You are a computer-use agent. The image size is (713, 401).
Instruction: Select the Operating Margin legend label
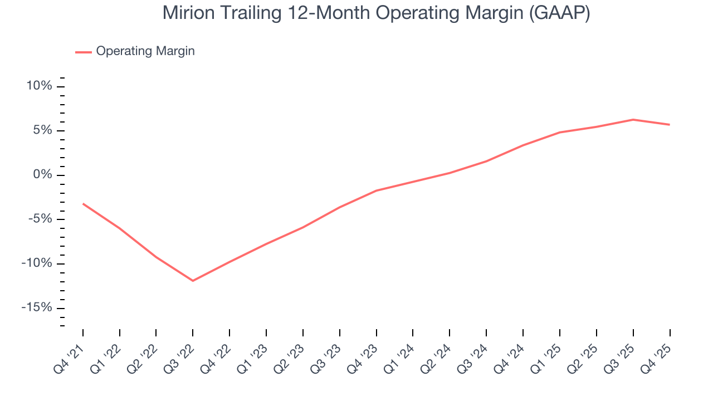(x=145, y=51)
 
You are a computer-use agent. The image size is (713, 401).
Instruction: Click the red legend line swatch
(x=84, y=52)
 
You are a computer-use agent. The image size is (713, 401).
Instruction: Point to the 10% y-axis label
(x=39, y=86)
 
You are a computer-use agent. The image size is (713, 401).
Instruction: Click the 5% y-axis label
(x=42, y=130)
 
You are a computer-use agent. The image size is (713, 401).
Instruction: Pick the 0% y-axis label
(x=42, y=175)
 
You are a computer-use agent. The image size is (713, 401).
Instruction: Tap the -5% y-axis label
(x=40, y=219)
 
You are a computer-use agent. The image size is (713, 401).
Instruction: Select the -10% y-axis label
(x=37, y=263)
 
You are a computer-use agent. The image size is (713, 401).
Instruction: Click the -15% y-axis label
(x=37, y=308)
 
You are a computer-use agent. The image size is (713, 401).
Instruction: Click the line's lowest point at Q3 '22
(x=193, y=281)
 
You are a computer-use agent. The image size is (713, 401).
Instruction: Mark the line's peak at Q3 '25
(x=633, y=119)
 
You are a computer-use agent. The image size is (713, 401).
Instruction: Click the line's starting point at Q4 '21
(x=83, y=204)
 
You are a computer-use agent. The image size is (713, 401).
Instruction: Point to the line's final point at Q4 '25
(x=670, y=125)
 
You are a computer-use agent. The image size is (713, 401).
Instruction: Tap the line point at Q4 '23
(x=377, y=190)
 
